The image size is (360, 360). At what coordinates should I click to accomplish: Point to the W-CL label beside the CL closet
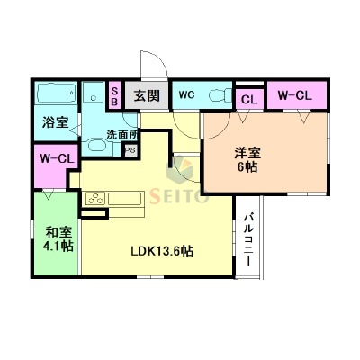[292, 95]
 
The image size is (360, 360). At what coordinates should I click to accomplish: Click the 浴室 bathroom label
[55, 122]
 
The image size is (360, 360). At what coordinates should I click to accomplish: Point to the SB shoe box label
[114, 95]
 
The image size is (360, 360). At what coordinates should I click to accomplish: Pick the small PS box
[130, 150]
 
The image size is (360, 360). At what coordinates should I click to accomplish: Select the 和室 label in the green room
[58, 231]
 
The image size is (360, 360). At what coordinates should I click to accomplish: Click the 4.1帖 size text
[58, 247]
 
